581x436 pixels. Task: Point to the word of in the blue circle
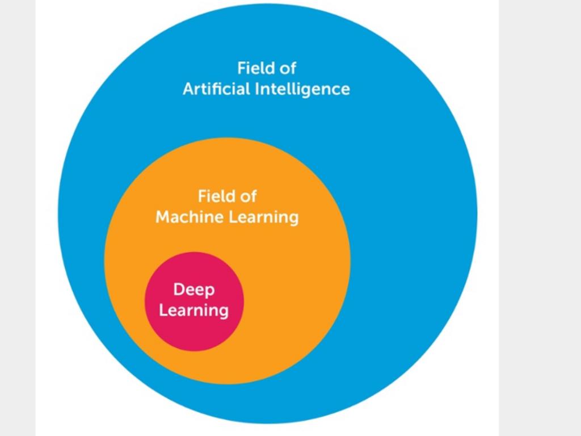point(288,68)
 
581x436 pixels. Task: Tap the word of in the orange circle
point(249,196)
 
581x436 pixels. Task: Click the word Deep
point(194,291)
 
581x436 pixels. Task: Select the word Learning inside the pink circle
point(194,311)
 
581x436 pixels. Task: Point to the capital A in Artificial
point(188,89)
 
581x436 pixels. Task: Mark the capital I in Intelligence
point(255,89)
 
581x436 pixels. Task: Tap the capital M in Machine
point(162,217)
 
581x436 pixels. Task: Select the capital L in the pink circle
point(162,310)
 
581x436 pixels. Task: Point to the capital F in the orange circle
point(201,196)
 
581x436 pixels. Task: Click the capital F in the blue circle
point(241,68)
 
